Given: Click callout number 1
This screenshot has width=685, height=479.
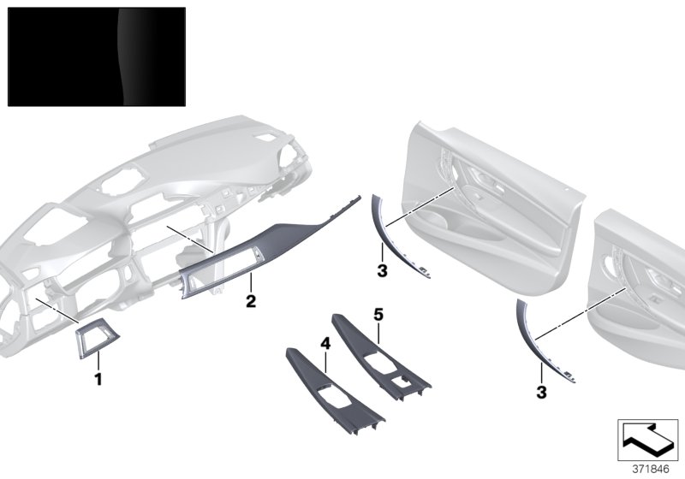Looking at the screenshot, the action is (98, 379).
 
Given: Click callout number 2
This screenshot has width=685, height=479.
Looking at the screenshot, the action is (251, 301).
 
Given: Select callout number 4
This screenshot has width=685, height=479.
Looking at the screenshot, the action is (325, 343).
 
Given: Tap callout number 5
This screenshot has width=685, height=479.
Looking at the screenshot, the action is (378, 315).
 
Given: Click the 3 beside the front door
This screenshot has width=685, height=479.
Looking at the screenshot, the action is (382, 270).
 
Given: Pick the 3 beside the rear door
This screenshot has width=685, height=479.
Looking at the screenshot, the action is (541, 393).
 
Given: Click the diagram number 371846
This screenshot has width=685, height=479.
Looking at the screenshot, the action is (651, 470).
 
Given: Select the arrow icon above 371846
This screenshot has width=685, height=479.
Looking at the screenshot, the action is (648, 440).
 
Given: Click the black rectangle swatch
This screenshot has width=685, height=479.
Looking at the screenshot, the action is (97, 56).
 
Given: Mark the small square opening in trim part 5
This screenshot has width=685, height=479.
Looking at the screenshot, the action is (400, 381).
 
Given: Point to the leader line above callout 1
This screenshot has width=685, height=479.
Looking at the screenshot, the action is (98, 361).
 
